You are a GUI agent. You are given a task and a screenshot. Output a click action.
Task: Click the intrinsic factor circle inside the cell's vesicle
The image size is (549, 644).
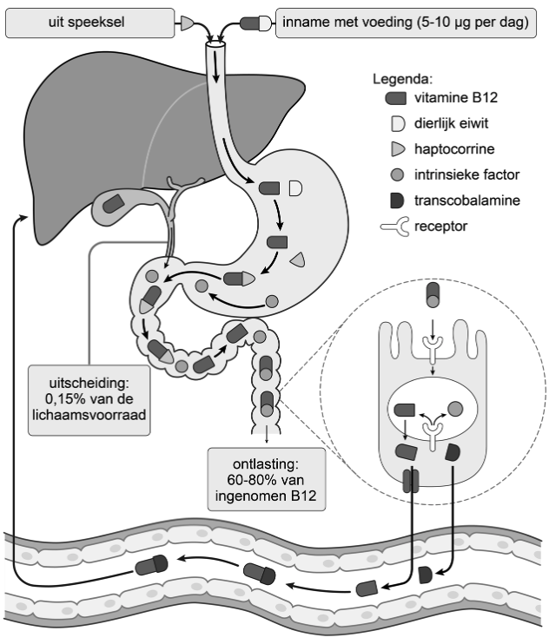454,408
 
